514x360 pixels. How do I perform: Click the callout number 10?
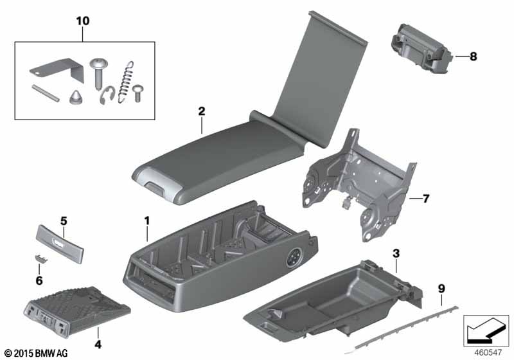coord(83,21)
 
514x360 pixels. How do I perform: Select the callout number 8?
coord(473,57)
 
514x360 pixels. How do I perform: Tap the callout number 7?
coord(425,199)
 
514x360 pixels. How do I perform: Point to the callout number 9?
coord(441,289)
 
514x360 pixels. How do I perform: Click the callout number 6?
coord(39,281)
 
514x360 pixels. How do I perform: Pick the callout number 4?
coord(98,345)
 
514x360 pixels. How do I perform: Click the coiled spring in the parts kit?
coord(125,82)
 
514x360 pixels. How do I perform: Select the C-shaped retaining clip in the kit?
coord(107,95)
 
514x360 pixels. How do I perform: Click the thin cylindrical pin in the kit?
coord(46,93)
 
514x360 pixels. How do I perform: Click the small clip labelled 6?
coord(41,258)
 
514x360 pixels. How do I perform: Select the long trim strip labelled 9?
coord(401,330)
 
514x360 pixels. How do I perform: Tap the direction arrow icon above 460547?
coord(486,330)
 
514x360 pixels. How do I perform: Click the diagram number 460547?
coord(488,353)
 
